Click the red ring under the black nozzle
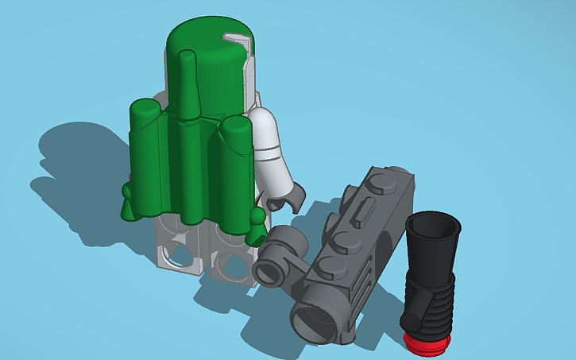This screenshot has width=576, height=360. coord(427,342)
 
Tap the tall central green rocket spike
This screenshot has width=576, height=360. coord(187,87)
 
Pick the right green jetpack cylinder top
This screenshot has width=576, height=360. coord(237,127)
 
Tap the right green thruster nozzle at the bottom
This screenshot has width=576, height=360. coord(256,226)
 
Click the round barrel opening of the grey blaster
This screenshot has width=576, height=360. coord(315,322)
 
